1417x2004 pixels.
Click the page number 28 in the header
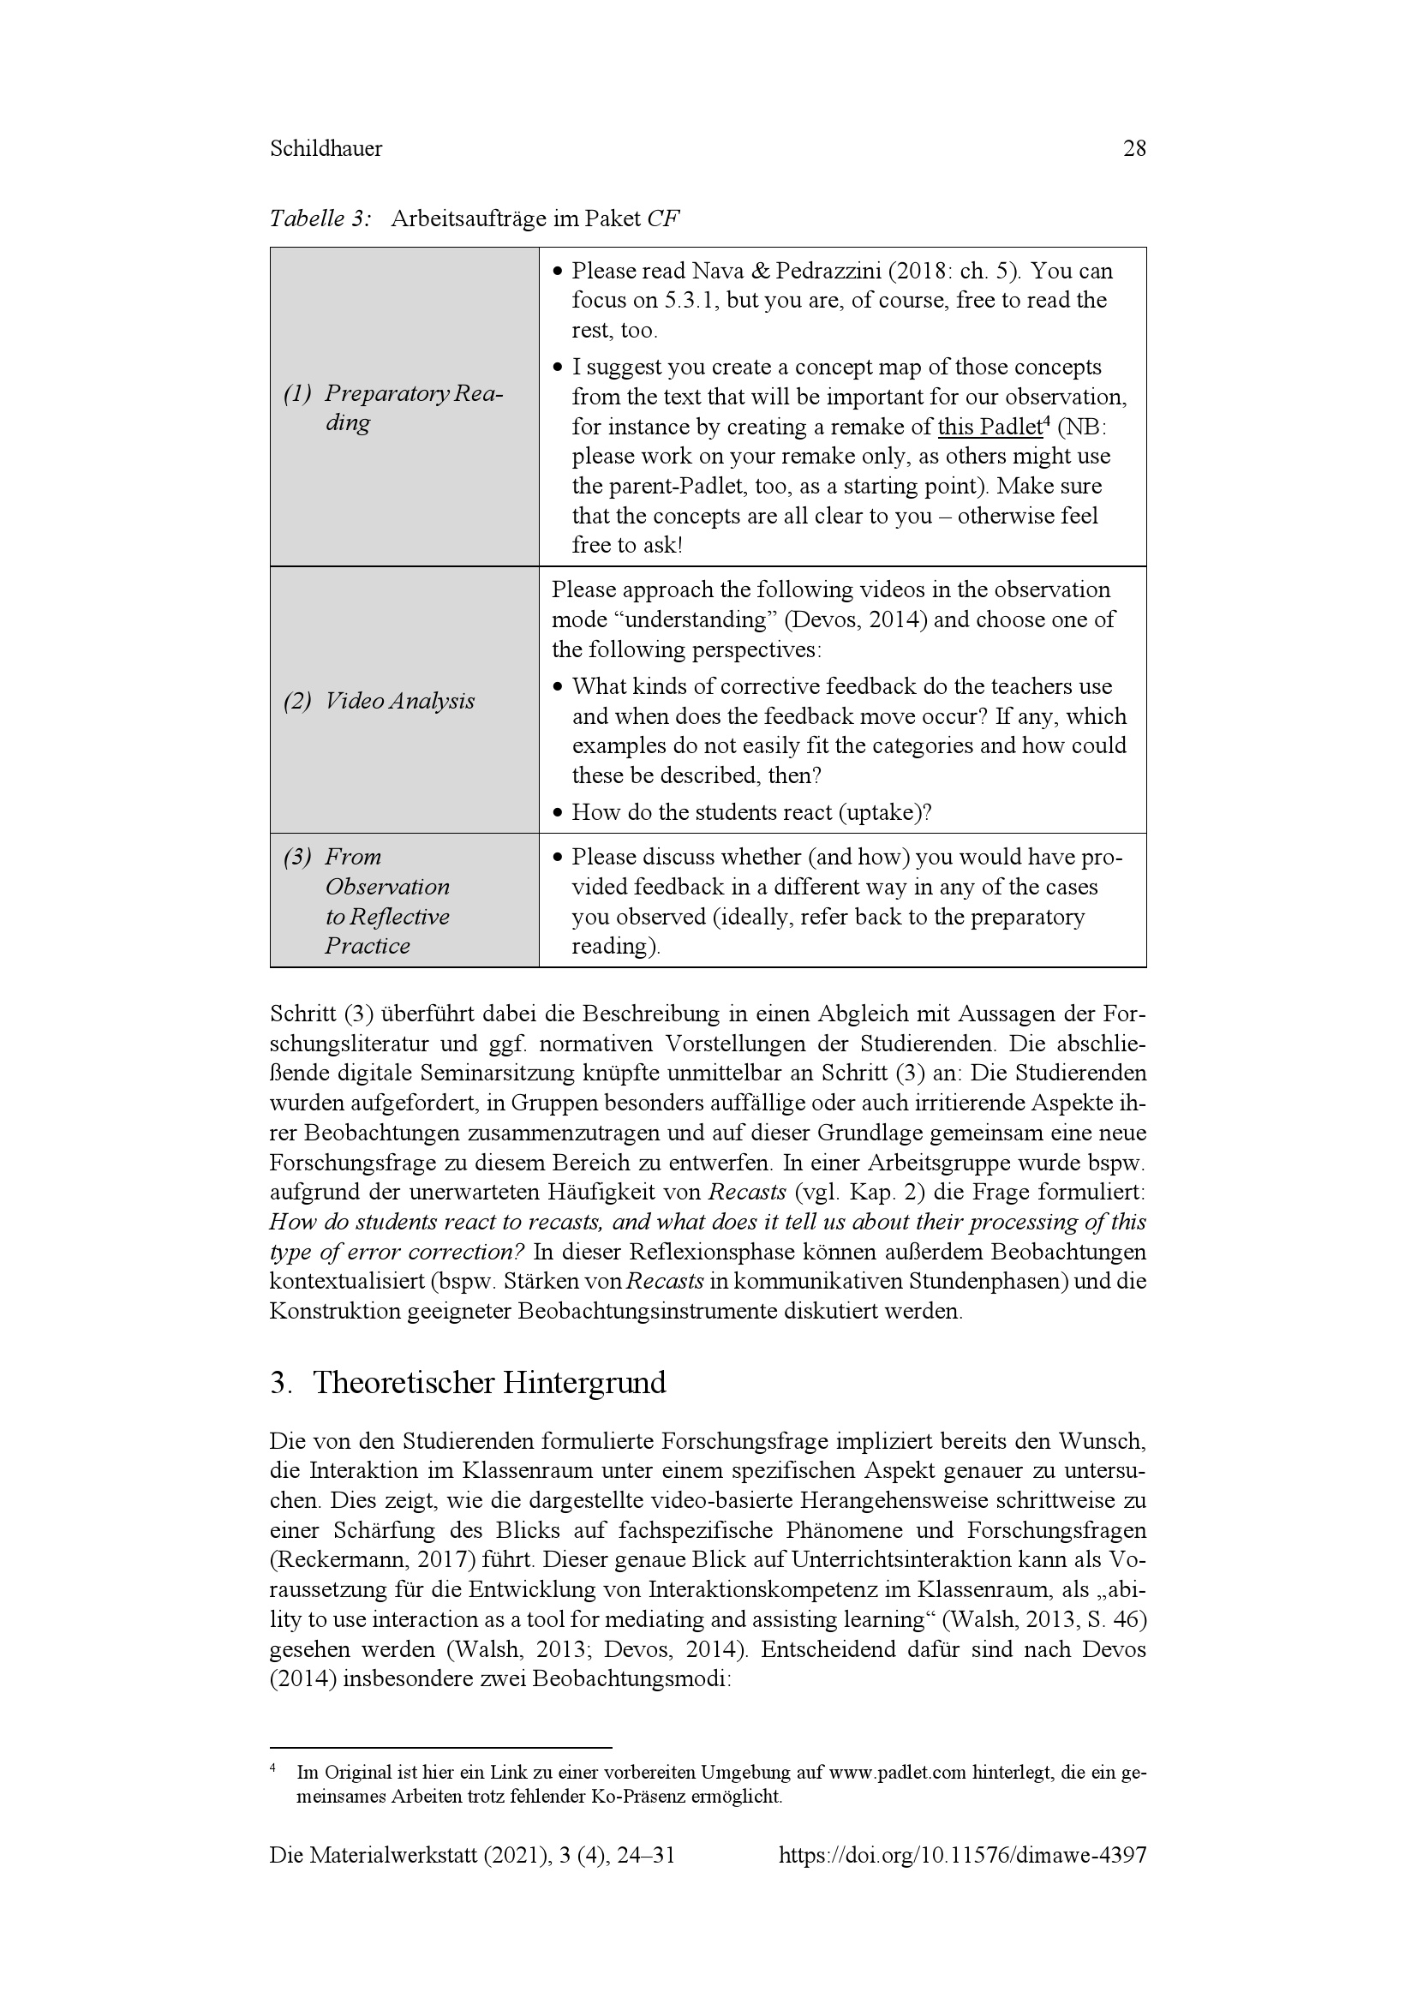(x=1133, y=149)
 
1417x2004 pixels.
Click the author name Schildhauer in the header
(x=326, y=149)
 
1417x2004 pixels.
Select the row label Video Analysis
(x=399, y=701)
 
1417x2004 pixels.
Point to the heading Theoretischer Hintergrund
(x=488, y=1384)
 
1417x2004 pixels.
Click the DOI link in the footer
(x=961, y=1880)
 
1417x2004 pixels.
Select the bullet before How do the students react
(x=559, y=813)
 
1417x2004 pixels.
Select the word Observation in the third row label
(x=386, y=888)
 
